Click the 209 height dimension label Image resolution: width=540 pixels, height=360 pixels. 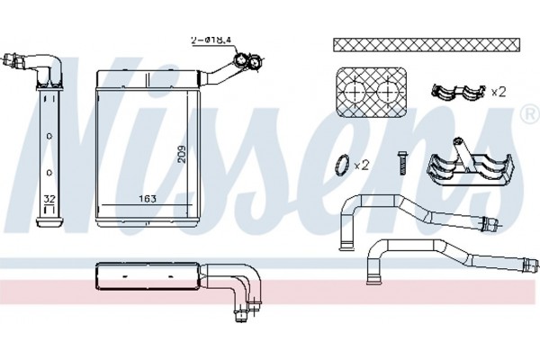coord(182,154)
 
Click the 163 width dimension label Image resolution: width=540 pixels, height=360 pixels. coord(148,199)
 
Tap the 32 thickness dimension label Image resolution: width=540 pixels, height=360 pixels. coord(49,199)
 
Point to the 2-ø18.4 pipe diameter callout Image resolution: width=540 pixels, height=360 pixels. coord(211,40)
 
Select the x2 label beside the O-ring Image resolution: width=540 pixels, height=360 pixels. coord(362,166)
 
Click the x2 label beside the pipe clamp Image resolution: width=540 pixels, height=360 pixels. coord(498,92)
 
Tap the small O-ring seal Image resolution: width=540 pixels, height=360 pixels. coord(342,165)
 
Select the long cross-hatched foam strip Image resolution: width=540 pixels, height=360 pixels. coord(427,45)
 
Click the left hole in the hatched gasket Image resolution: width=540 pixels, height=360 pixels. coord(355,92)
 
